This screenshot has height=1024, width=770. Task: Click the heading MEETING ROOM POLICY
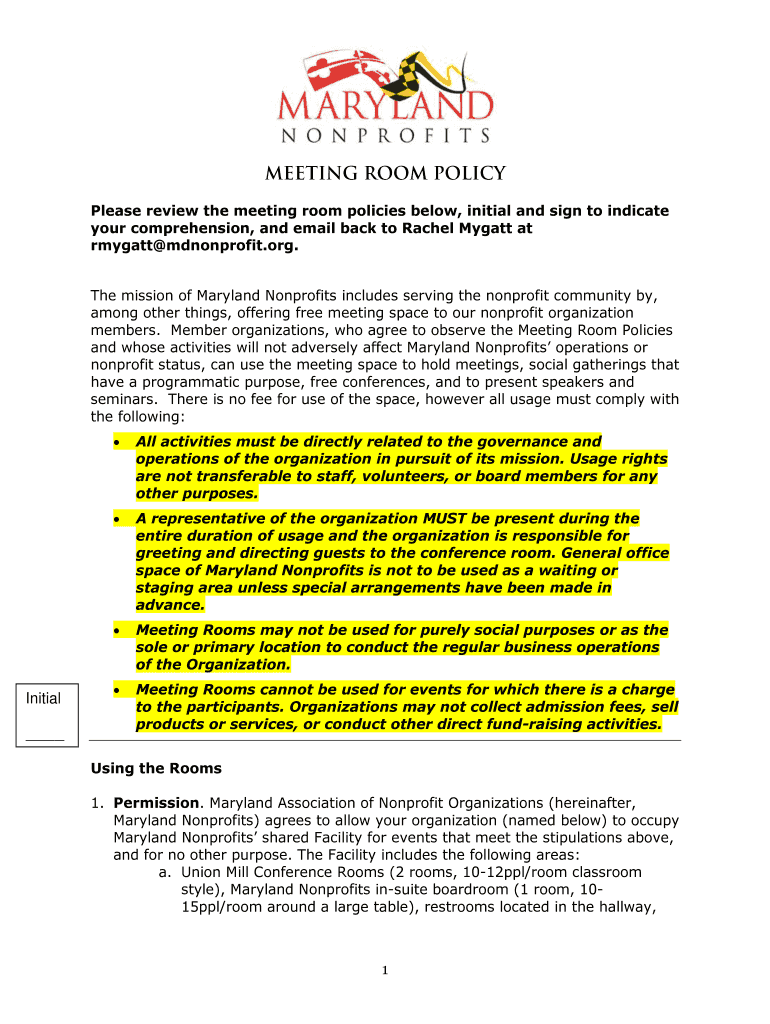385,174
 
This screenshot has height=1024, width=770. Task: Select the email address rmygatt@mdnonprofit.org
194,246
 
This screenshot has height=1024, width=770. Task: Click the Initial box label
43,698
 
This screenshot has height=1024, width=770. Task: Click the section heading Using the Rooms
155,769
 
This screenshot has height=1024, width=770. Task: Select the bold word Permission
157,802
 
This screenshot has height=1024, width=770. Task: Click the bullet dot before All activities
118,442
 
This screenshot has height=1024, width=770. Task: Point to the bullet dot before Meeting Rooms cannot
118,690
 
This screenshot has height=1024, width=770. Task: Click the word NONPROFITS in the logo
385,135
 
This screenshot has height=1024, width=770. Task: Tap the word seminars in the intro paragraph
121,399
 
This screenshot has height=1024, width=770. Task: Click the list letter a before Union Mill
163,872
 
